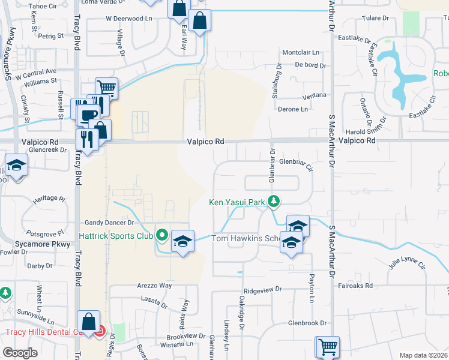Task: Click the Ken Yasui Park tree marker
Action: tap(274, 201)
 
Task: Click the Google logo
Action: tap(20, 353)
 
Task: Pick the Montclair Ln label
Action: tap(300, 52)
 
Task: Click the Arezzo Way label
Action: tap(154, 286)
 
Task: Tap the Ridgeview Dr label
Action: tap(263, 289)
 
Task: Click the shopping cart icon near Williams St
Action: tap(106, 88)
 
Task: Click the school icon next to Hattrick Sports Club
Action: tap(182, 241)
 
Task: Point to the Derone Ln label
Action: tap(293, 109)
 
